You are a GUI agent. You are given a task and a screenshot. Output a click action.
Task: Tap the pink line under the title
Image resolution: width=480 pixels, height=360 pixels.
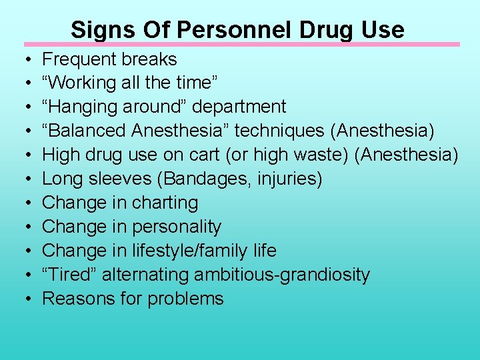coord(242,45)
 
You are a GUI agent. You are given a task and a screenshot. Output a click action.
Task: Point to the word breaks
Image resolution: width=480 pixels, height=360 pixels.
coord(150,59)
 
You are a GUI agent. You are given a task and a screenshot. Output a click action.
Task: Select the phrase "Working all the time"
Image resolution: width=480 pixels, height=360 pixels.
coord(128,83)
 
